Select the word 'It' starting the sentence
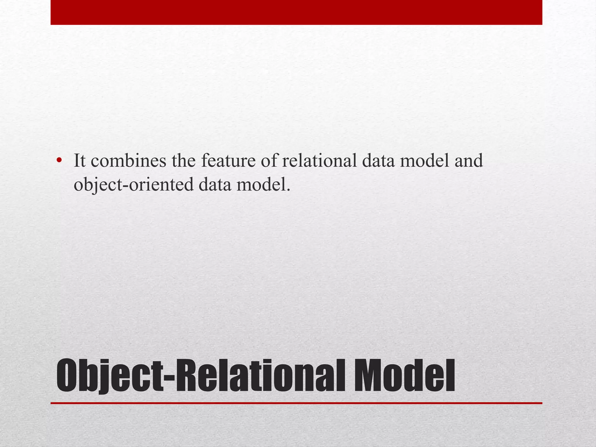(80, 161)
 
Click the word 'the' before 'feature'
(184, 161)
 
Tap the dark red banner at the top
(296, 12)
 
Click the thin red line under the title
(296, 403)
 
